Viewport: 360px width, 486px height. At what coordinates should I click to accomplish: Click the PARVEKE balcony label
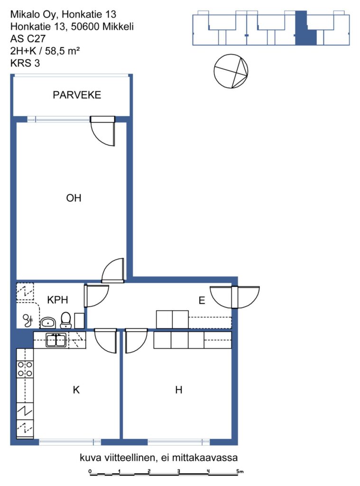(77, 95)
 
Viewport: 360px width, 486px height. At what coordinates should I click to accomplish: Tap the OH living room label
(74, 198)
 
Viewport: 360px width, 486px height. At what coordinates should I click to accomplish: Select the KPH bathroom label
(57, 300)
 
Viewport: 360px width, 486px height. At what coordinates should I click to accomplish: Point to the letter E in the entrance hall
(202, 300)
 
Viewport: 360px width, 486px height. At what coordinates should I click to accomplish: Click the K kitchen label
(76, 390)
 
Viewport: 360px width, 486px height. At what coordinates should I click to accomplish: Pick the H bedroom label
(179, 390)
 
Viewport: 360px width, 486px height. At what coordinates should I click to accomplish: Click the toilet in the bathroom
(65, 320)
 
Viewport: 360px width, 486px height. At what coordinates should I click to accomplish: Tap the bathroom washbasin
(48, 323)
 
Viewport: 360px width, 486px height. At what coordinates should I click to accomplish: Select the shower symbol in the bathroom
(28, 320)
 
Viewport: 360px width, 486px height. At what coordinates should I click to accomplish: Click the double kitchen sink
(56, 340)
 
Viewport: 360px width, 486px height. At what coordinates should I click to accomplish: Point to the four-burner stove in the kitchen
(25, 369)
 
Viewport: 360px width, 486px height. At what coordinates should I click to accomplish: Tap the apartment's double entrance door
(235, 297)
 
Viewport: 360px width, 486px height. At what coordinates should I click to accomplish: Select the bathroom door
(96, 296)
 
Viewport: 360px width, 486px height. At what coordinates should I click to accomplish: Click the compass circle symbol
(231, 71)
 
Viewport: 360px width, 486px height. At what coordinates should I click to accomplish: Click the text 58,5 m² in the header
(63, 51)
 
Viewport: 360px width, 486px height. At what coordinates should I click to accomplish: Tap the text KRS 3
(25, 63)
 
